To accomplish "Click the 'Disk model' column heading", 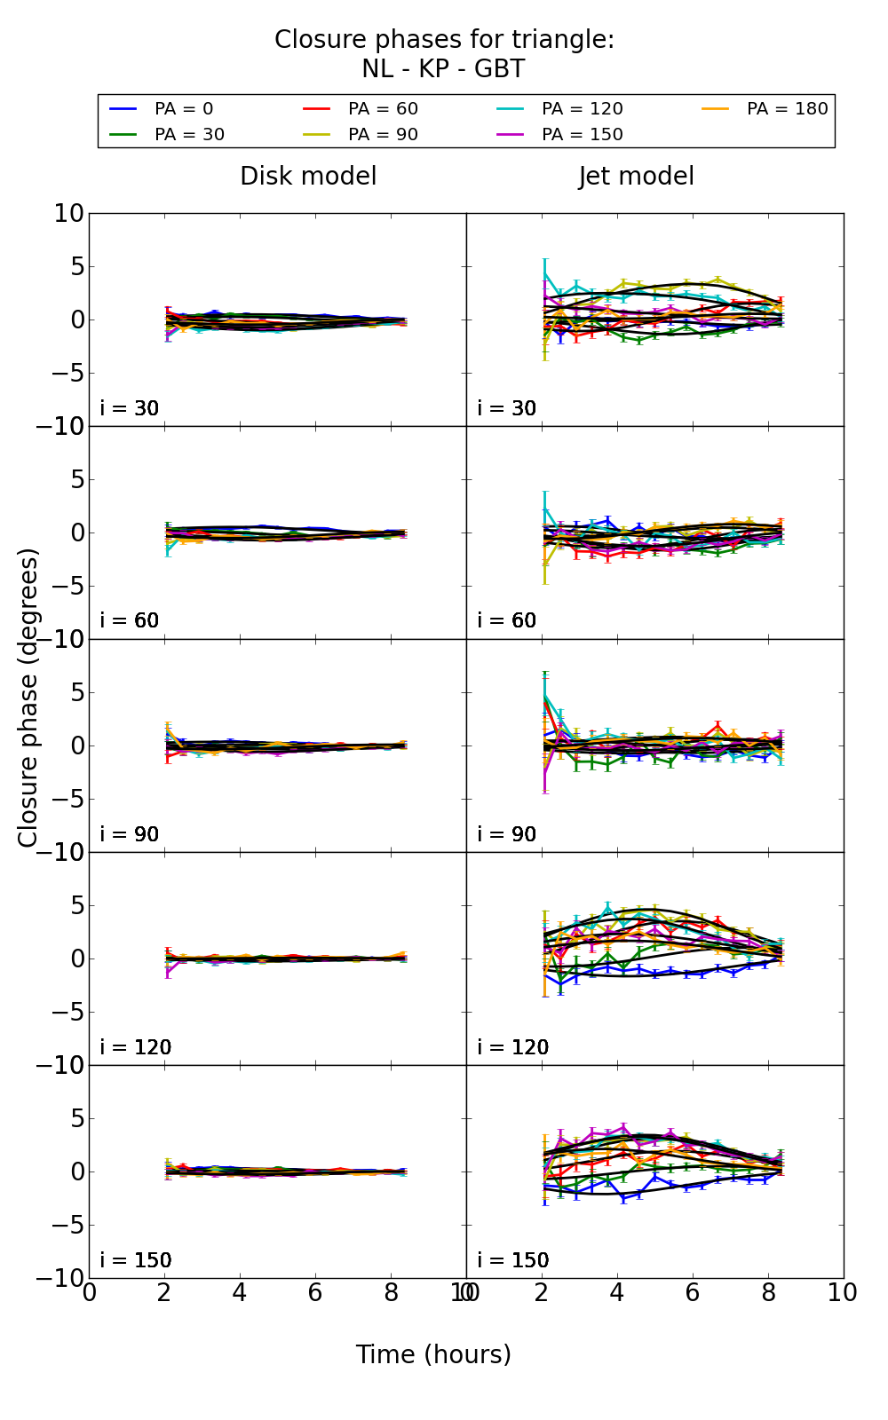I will (x=308, y=177).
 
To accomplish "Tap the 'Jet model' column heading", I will (x=636, y=177).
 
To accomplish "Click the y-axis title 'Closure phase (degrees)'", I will (x=28, y=698).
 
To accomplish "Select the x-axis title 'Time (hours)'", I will (x=433, y=1354).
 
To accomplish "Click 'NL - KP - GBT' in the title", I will (x=443, y=69).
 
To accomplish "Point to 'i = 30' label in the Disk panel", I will (x=130, y=408).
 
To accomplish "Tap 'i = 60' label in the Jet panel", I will (x=507, y=620).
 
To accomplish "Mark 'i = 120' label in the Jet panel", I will (x=513, y=1047).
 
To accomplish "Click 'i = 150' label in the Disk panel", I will (x=136, y=1260).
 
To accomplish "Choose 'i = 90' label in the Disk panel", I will (x=130, y=834).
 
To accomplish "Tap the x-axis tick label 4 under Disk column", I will (x=240, y=1293).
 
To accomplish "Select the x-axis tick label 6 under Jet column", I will (x=693, y=1293).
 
